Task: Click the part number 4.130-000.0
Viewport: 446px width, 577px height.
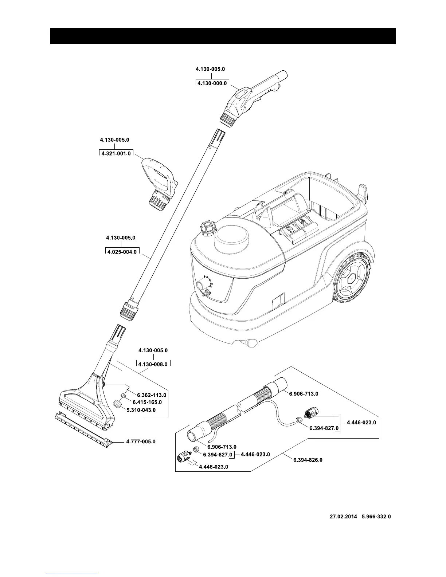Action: click(x=212, y=83)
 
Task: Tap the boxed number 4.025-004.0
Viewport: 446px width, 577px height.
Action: click(x=122, y=252)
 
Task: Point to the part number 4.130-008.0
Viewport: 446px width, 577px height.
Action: click(x=153, y=364)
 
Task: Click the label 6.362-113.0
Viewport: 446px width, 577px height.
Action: click(x=152, y=395)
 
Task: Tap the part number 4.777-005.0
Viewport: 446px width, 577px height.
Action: click(x=141, y=441)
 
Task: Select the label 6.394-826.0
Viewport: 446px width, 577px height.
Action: click(x=308, y=460)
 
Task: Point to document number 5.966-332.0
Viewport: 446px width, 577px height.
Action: click(x=376, y=517)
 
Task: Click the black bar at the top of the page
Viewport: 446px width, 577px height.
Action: click(x=223, y=36)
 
